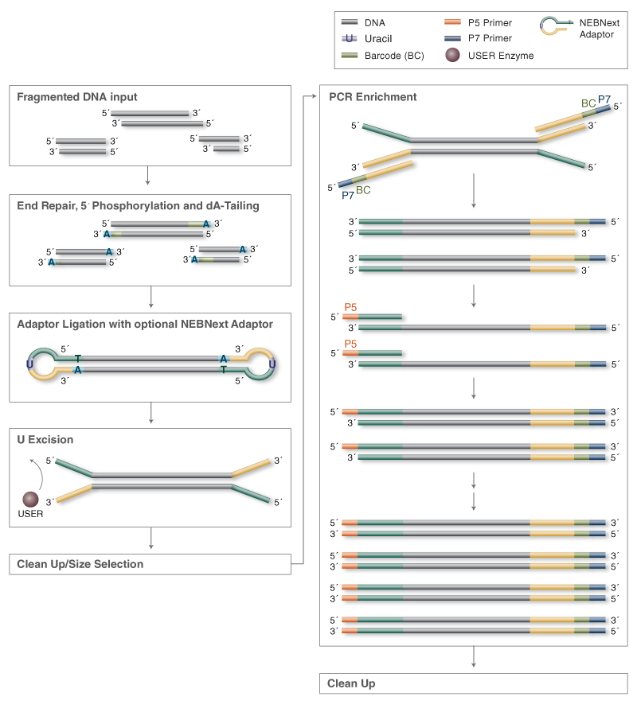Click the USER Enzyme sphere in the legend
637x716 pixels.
[x=454, y=56]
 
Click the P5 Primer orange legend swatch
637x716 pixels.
[x=455, y=23]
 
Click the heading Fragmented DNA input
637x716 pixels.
[x=77, y=97]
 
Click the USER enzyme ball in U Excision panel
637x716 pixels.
[x=30, y=499]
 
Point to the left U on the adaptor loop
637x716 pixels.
[x=29, y=364]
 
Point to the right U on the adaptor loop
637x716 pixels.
[x=272, y=364]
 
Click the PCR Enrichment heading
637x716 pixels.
[x=373, y=97]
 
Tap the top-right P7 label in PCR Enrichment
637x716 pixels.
[x=604, y=100]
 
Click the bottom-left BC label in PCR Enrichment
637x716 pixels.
[x=362, y=191]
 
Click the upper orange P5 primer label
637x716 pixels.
[x=351, y=306]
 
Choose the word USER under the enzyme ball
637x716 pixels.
[x=30, y=514]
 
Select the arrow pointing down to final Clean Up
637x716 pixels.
[x=474, y=656]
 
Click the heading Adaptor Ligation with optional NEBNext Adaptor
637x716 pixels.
[x=145, y=324]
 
